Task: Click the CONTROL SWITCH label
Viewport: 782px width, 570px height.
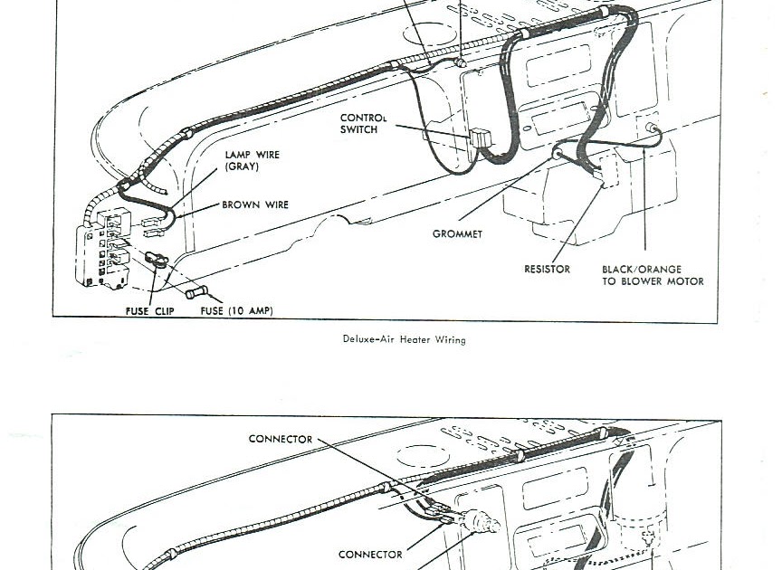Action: click(x=363, y=124)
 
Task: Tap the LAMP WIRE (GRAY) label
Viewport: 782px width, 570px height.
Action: click(x=252, y=160)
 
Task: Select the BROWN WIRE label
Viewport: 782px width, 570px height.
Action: click(x=255, y=204)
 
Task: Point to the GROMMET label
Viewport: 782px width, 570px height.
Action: click(x=457, y=233)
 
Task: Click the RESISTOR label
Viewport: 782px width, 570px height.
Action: click(x=547, y=269)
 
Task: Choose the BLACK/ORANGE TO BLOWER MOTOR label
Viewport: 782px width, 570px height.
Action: click(x=653, y=275)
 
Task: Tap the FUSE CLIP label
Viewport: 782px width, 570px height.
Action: click(x=149, y=311)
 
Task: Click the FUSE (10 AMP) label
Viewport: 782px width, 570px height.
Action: click(x=236, y=310)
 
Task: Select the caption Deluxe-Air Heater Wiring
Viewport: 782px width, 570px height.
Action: click(x=404, y=339)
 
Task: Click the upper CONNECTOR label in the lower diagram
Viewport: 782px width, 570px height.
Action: click(x=281, y=439)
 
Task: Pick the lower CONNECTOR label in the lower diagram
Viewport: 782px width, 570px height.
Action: click(x=370, y=554)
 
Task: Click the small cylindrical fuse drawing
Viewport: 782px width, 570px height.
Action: click(x=196, y=291)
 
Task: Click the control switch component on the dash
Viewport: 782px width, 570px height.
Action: click(x=481, y=138)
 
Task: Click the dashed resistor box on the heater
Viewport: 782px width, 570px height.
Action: click(x=606, y=171)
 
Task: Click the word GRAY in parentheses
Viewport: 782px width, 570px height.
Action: click(x=242, y=166)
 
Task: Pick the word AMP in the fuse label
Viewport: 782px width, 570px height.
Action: click(x=257, y=310)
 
